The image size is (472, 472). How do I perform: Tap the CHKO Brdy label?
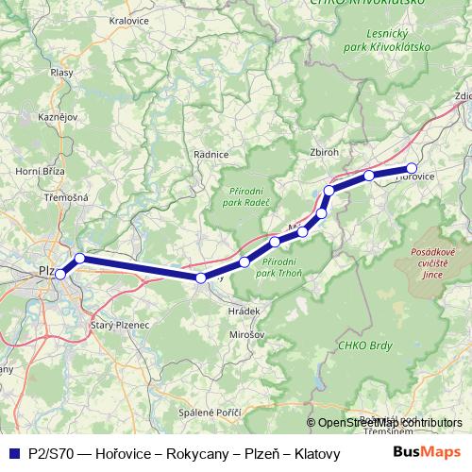click(360, 346)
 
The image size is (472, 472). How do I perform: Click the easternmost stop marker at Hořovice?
click(412, 169)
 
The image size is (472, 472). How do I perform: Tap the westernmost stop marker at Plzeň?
click(60, 274)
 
